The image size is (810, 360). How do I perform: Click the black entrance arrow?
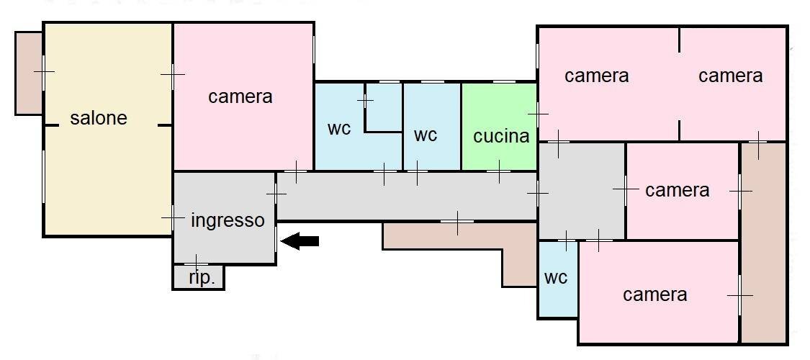pos(299,241)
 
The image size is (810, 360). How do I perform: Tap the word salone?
pos(99,118)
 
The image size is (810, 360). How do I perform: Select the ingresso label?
pos(228,220)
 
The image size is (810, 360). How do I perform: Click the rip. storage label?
pos(202,278)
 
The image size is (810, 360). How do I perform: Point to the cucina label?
pos(501,135)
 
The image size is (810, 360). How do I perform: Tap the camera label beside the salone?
pos(240,96)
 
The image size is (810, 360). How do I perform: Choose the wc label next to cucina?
pos(426,135)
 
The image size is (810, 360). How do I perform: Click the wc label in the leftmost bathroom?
pos(339,129)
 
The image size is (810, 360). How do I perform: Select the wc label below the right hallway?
pos(556,277)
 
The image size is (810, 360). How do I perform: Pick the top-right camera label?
pos(731,76)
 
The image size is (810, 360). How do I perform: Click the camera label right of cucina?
pos(597,76)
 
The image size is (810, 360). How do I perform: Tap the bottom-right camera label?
pos(655,294)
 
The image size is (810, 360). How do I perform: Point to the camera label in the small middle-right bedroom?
pos(678,190)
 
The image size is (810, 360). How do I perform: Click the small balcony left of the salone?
pos(29,72)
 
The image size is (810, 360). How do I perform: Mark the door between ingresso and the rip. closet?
pos(197,264)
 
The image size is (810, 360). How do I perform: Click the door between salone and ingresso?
pos(173,217)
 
